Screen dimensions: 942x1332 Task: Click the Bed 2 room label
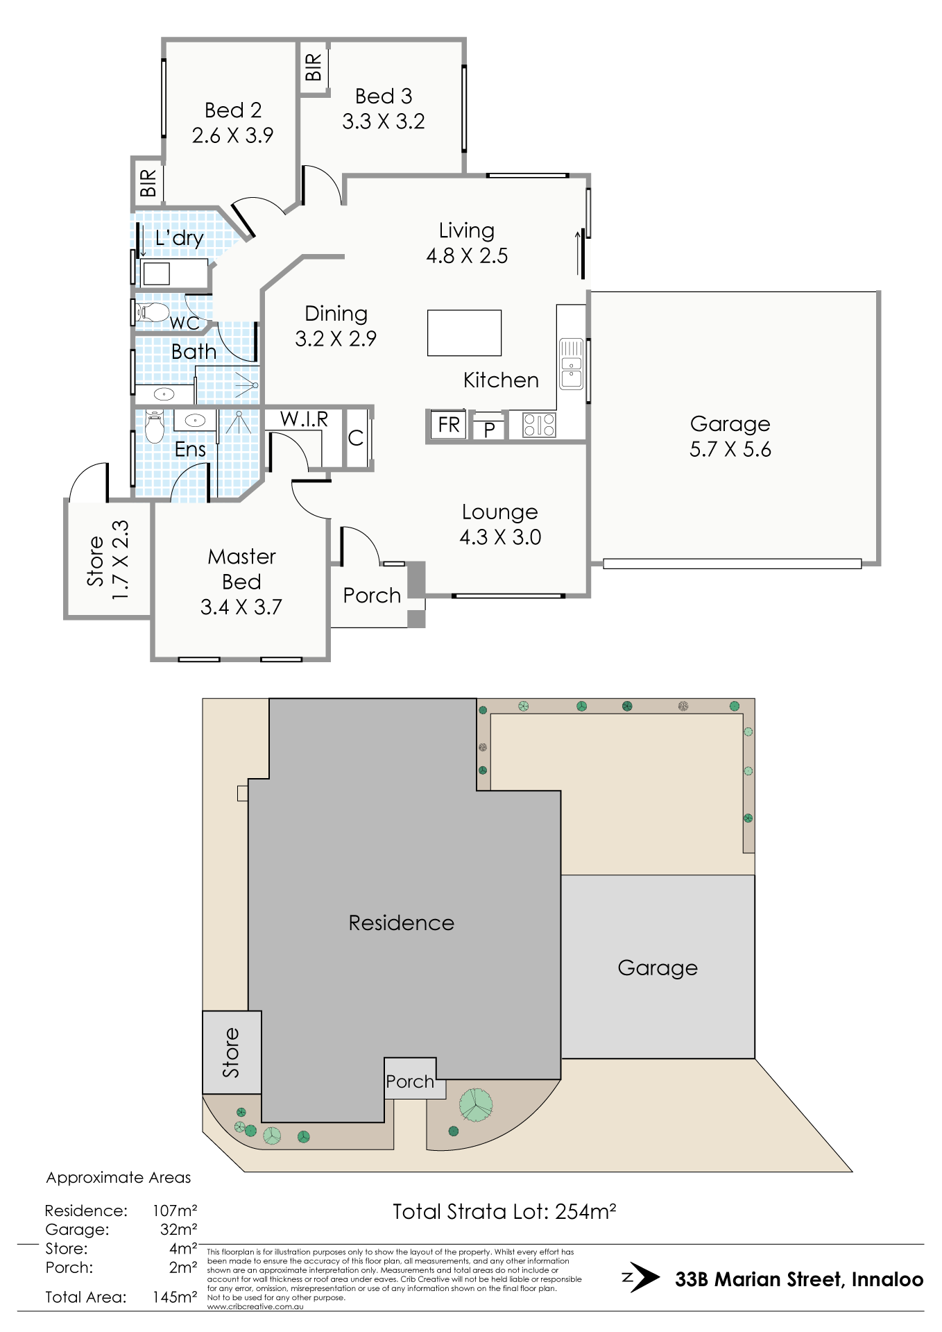(233, 110)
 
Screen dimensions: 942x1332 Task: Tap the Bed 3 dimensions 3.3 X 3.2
(384, 121)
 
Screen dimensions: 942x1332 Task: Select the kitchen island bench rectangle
(464, 333)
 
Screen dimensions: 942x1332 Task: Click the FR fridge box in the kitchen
(448, 424)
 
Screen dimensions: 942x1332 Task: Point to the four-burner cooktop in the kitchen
(539, 425)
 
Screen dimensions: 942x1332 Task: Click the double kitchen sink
(572, 364)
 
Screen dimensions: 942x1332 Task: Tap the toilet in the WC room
(152, 312)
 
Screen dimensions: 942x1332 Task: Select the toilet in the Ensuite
(154, 426)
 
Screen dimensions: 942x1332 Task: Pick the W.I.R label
(304, 419)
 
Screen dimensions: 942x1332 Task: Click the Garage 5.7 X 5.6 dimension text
(730, 449)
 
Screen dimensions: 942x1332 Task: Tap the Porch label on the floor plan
(372, 596)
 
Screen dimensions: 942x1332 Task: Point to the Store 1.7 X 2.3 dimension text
(121, 560)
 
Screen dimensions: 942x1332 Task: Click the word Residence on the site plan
(402, 922)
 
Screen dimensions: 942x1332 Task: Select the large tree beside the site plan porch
(476, 1104)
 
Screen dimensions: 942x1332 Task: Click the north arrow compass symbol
(642, 1278)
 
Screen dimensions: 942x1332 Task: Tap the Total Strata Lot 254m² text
(504, 1212)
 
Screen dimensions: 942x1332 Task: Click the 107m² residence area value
(175, 1211)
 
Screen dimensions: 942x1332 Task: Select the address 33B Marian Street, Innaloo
(799, 1279)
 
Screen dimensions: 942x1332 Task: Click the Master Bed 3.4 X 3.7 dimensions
(241, 607)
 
